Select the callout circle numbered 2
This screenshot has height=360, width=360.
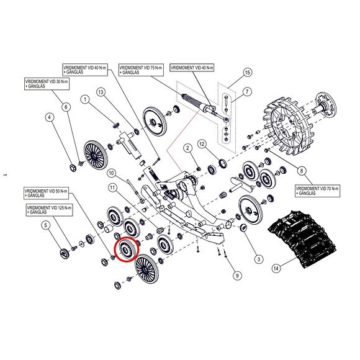click(186, 147)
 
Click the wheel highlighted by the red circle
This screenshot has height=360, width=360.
click(126, 250)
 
